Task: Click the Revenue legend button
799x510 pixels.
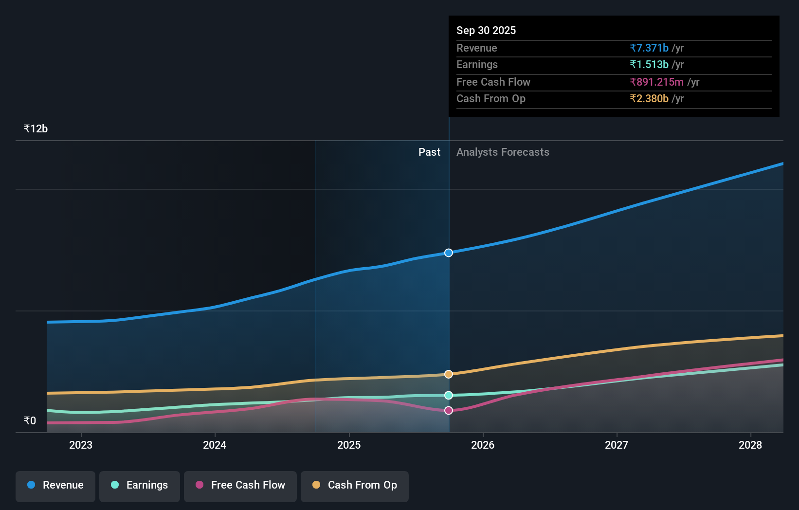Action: point(55,485)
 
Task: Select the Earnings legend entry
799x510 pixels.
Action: point(140,485)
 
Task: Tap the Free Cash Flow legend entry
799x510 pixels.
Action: point(240,485)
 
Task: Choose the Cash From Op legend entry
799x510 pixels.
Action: point(355,485)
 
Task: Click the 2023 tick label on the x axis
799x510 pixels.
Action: point(81,445)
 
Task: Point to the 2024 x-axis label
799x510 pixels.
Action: point(215,445)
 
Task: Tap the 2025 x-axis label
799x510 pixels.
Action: point(349,445)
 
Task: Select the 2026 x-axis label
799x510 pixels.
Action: point(483,445)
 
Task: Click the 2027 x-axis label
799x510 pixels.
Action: point(617,445)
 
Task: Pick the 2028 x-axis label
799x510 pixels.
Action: point(750,445)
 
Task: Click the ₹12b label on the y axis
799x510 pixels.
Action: point(36,129)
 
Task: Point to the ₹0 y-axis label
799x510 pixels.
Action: point(30,421)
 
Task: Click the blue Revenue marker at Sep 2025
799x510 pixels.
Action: point(449,253)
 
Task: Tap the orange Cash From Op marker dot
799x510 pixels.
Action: point(449,374)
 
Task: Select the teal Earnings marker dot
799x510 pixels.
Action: point(449,395)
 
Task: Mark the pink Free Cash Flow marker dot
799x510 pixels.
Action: point(449,410)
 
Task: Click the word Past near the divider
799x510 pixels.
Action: point(429,152)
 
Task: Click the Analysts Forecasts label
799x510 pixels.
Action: point(503,152)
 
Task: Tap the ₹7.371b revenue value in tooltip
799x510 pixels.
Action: point(649,48)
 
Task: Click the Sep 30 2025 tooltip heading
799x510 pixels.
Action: point(486,31)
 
